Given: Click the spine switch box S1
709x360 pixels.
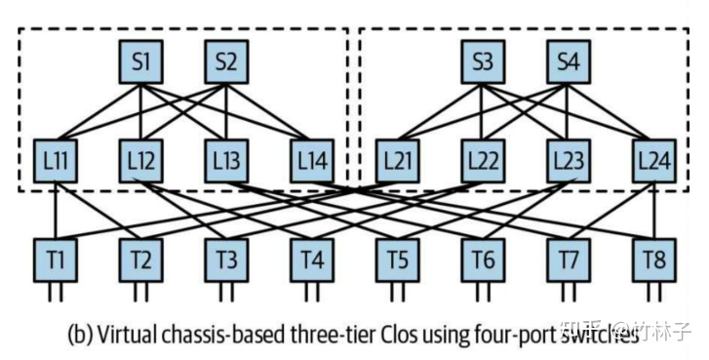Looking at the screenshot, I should pyautogui.click(x=140, y=62).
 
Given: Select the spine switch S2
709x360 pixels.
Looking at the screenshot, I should pyautogui.click(x=226, y=62).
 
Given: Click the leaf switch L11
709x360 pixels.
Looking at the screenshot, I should pyautogui.click(x=55, y=159).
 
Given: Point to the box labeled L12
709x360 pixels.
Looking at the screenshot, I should pyautogui.click(x=140, y=159).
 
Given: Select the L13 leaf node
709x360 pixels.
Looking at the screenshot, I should pyautogui.click(x=226, y=159).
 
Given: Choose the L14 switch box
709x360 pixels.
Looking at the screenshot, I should pyautogui.click(x=312, y=159).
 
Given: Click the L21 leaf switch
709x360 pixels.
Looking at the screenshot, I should pyautogui.click(x=397, y=159).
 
